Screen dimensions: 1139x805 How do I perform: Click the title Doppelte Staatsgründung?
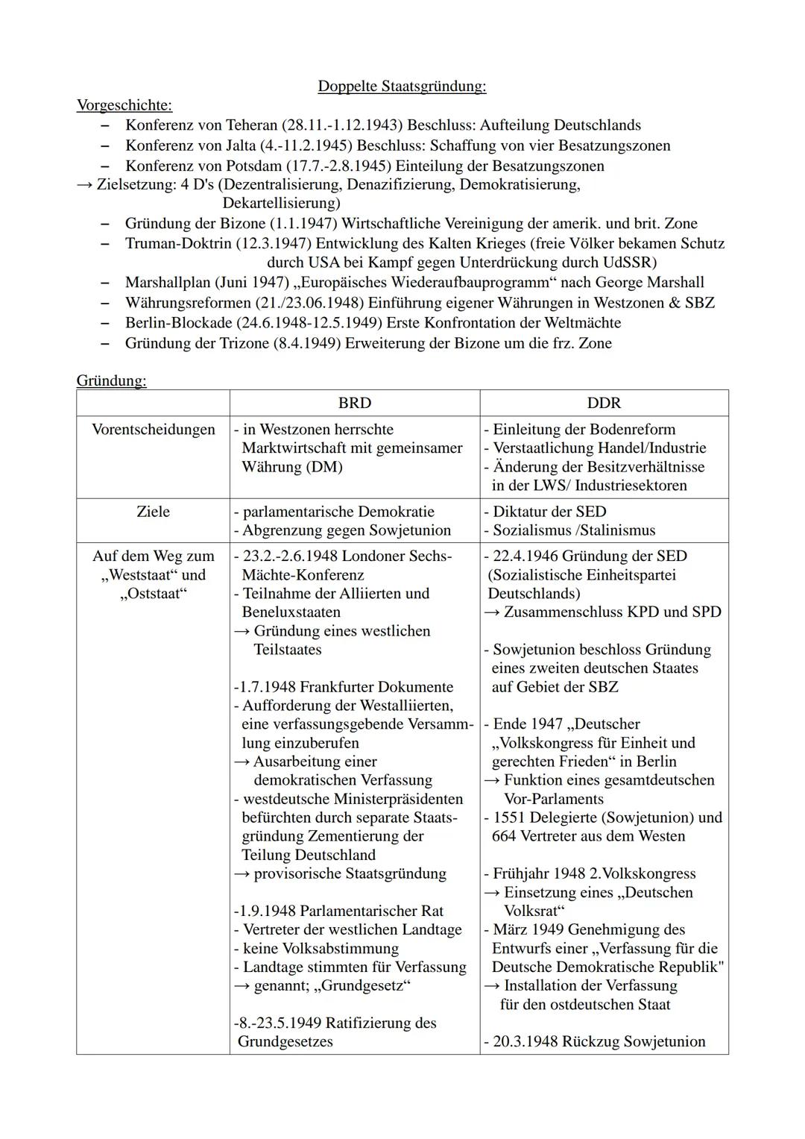coord(402,87)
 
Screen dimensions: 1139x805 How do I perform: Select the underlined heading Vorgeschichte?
coord(124,105)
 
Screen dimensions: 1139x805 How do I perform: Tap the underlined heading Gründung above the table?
coord(111,380)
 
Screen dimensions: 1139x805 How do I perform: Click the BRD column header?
coord(354,403)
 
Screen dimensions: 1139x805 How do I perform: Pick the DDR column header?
coord(604,403)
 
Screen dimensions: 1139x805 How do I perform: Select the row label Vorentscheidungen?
coord(153,430)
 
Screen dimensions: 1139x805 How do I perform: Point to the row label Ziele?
coord(153,512)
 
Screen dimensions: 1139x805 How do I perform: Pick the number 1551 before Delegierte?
coord(511,818)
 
